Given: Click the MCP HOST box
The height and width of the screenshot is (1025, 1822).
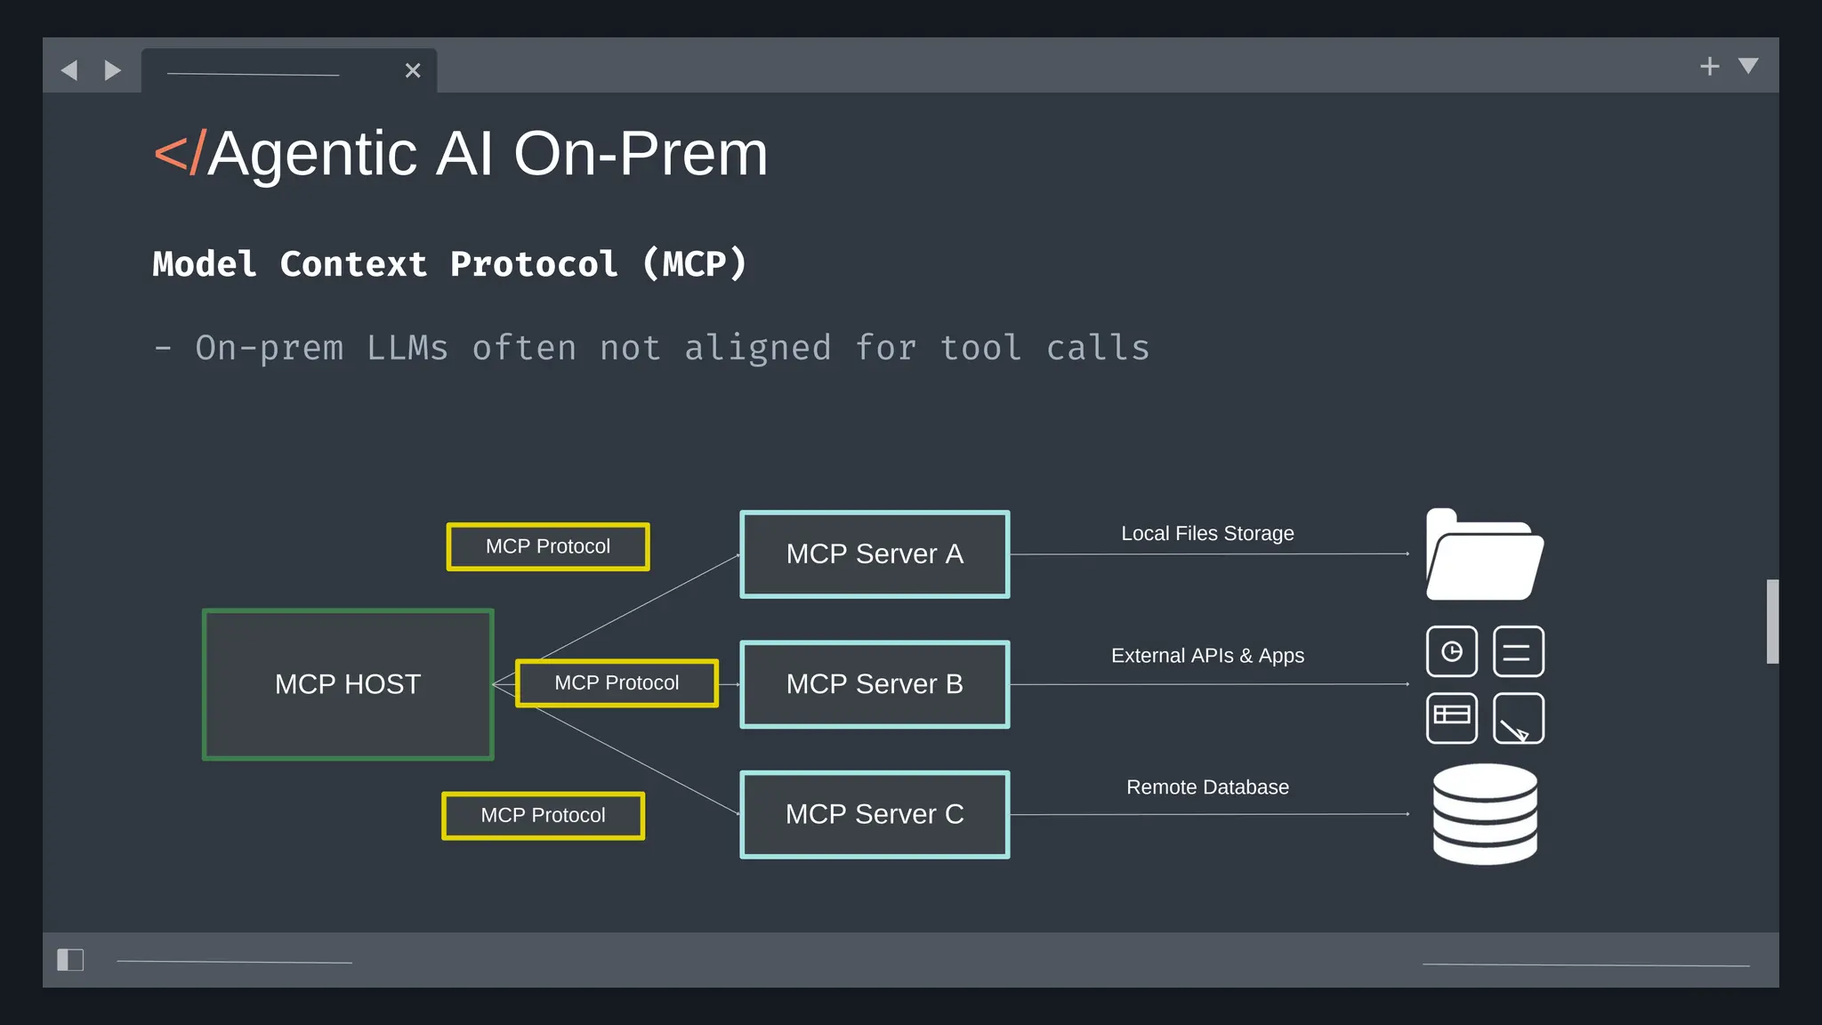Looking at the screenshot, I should tap(348, 684).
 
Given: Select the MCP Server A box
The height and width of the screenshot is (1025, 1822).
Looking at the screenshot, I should tap(875, 554).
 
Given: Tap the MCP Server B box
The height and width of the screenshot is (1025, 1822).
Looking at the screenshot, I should tap(875, 684).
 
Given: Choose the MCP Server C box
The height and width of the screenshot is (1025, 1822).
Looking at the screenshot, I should tap(875, 814).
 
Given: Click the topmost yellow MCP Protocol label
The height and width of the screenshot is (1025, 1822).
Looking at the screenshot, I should tap(548, 546).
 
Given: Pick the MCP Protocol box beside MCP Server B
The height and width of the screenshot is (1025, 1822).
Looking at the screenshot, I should tap(617, 683).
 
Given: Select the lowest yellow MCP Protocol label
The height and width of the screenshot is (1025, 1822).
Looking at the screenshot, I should tap(543, 816).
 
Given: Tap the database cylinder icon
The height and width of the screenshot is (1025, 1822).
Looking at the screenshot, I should tap(1485, 814).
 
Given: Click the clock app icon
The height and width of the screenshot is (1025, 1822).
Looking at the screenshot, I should tap(1452, 652).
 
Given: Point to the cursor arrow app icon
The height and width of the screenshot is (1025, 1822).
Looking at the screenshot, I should tap(1518, 719).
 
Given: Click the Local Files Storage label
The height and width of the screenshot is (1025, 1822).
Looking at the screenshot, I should tap(1207, 534).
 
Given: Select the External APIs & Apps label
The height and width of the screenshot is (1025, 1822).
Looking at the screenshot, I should tap(1207, 656).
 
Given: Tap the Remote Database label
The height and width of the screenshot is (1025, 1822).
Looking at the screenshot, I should tap(1207, 787).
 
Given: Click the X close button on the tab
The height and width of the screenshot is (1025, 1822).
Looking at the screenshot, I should tap(413, 70).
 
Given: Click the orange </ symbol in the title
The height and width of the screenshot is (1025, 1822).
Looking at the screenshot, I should tap(180, 154).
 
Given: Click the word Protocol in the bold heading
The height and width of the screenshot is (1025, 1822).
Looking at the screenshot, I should tap(534, 264).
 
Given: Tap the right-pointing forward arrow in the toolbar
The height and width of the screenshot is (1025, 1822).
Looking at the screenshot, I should tap(112, 70).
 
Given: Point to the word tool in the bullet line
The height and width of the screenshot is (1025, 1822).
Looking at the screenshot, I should tap(980, 348).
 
